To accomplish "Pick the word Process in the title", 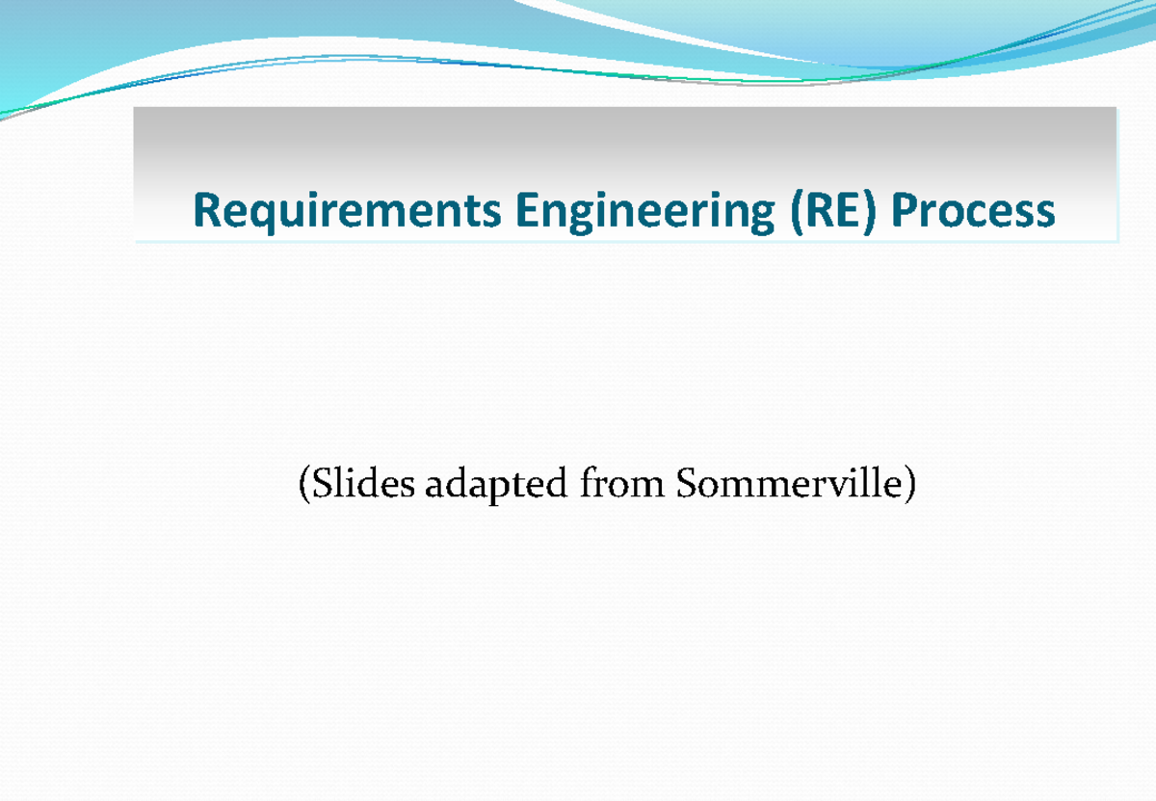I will (x=973, y=210).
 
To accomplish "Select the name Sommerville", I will (x=790, y=483).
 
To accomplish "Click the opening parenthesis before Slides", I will (x=304, y=484).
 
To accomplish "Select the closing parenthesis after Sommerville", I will (x=910, y=484).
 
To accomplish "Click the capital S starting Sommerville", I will (x=686, y=483).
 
